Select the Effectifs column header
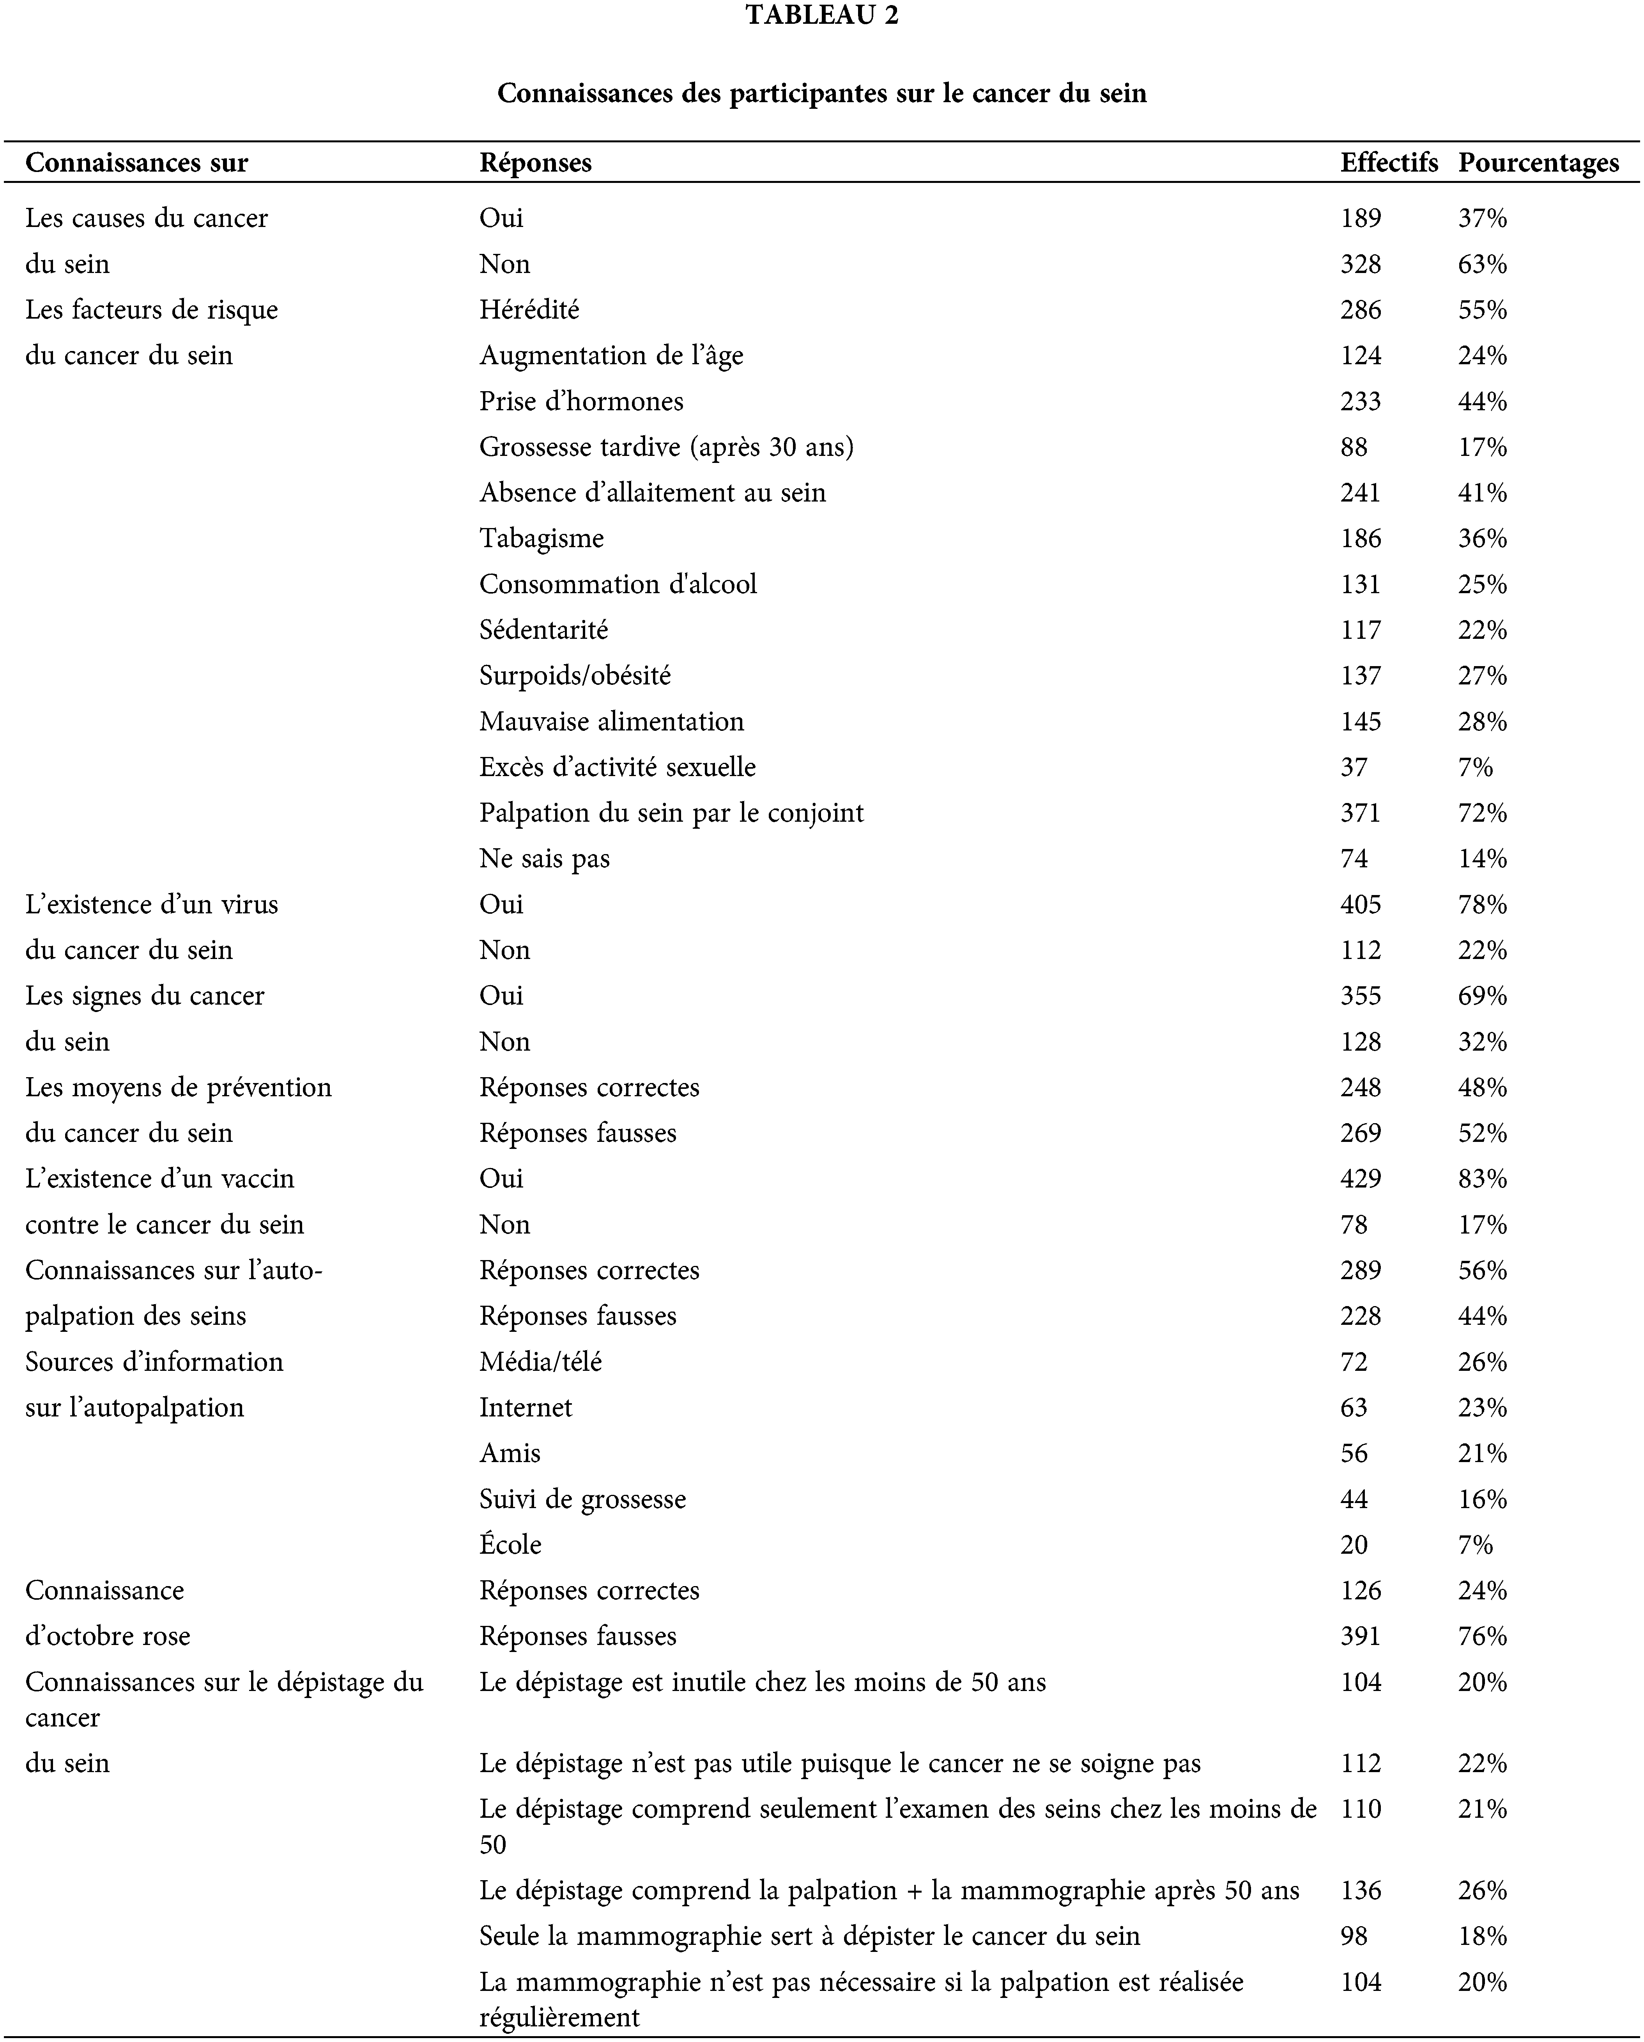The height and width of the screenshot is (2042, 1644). (x=1388, y=163)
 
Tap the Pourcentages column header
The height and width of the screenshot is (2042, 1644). (x=1538, y=163)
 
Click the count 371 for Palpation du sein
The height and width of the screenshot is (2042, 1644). (x=1360, y=813)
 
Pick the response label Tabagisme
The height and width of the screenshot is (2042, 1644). (x=541, y=538)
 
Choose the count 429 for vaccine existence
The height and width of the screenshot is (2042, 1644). (x=1360, y=1178)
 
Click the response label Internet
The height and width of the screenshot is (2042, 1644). (x=526, y=1407)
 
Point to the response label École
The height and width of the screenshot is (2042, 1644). (x=510, y=1545)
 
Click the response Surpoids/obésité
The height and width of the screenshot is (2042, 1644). (x=575, y=675)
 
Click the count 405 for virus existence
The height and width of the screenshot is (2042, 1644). (x=1360, y=904)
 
